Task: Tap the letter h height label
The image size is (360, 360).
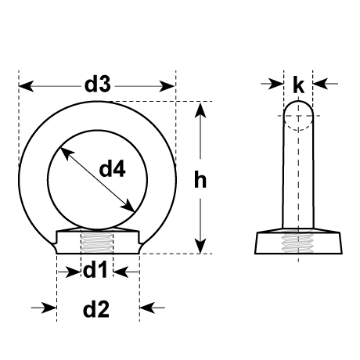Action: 200,180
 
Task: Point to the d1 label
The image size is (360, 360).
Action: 95,272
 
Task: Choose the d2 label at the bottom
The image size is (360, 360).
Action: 95,309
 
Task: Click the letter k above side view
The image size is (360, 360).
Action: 298,85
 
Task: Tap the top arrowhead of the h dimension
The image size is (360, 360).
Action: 202,109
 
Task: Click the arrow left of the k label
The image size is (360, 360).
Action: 278,81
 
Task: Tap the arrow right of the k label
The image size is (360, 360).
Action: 319,81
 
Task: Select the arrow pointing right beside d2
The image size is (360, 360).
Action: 49,308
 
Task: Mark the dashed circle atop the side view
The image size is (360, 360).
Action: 298,119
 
